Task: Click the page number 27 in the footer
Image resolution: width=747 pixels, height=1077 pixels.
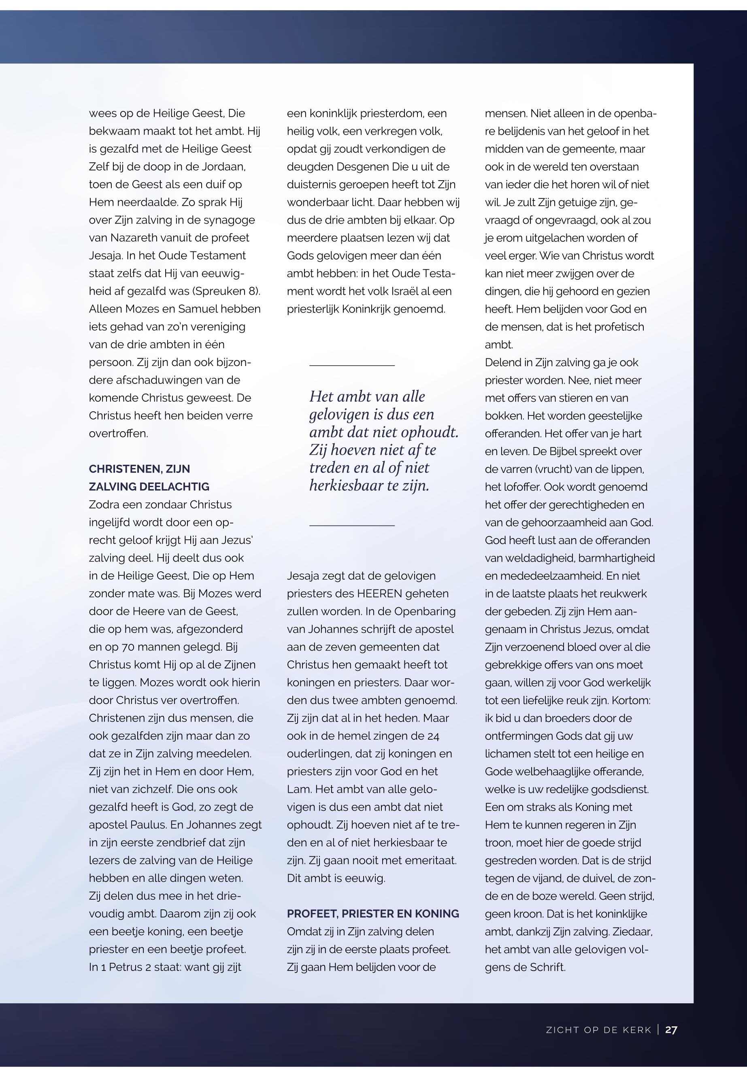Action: pos(671,1029)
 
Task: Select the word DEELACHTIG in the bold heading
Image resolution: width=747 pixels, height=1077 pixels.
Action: pos(174,486)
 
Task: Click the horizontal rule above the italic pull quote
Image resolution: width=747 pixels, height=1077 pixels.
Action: pos(351,365)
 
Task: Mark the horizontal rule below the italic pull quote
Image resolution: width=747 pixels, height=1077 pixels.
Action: pos(351,525)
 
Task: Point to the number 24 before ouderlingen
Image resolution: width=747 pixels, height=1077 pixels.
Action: pos(433,736)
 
